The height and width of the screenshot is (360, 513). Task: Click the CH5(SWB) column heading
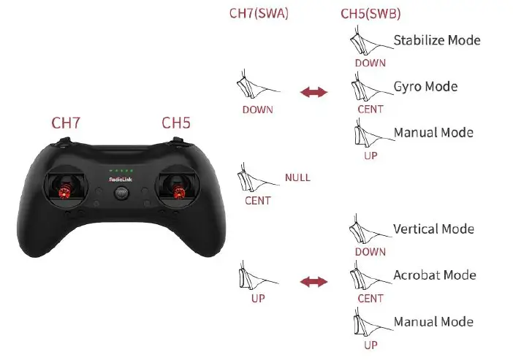(370, 13)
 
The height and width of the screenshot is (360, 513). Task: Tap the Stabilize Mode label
(436, 39)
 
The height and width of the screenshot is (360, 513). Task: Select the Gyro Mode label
(425, 86)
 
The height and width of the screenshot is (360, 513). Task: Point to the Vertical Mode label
(433, 229)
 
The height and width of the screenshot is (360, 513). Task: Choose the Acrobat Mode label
(434, 275)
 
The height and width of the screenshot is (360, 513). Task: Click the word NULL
(298, 177)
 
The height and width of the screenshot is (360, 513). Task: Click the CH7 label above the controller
(66, 122)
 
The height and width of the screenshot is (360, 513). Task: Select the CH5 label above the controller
(175, 122)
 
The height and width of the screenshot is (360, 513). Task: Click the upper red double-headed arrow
(313, 92)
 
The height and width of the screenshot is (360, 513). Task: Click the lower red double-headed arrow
(313, 281)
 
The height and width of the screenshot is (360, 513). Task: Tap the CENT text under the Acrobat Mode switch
(370, 299)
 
